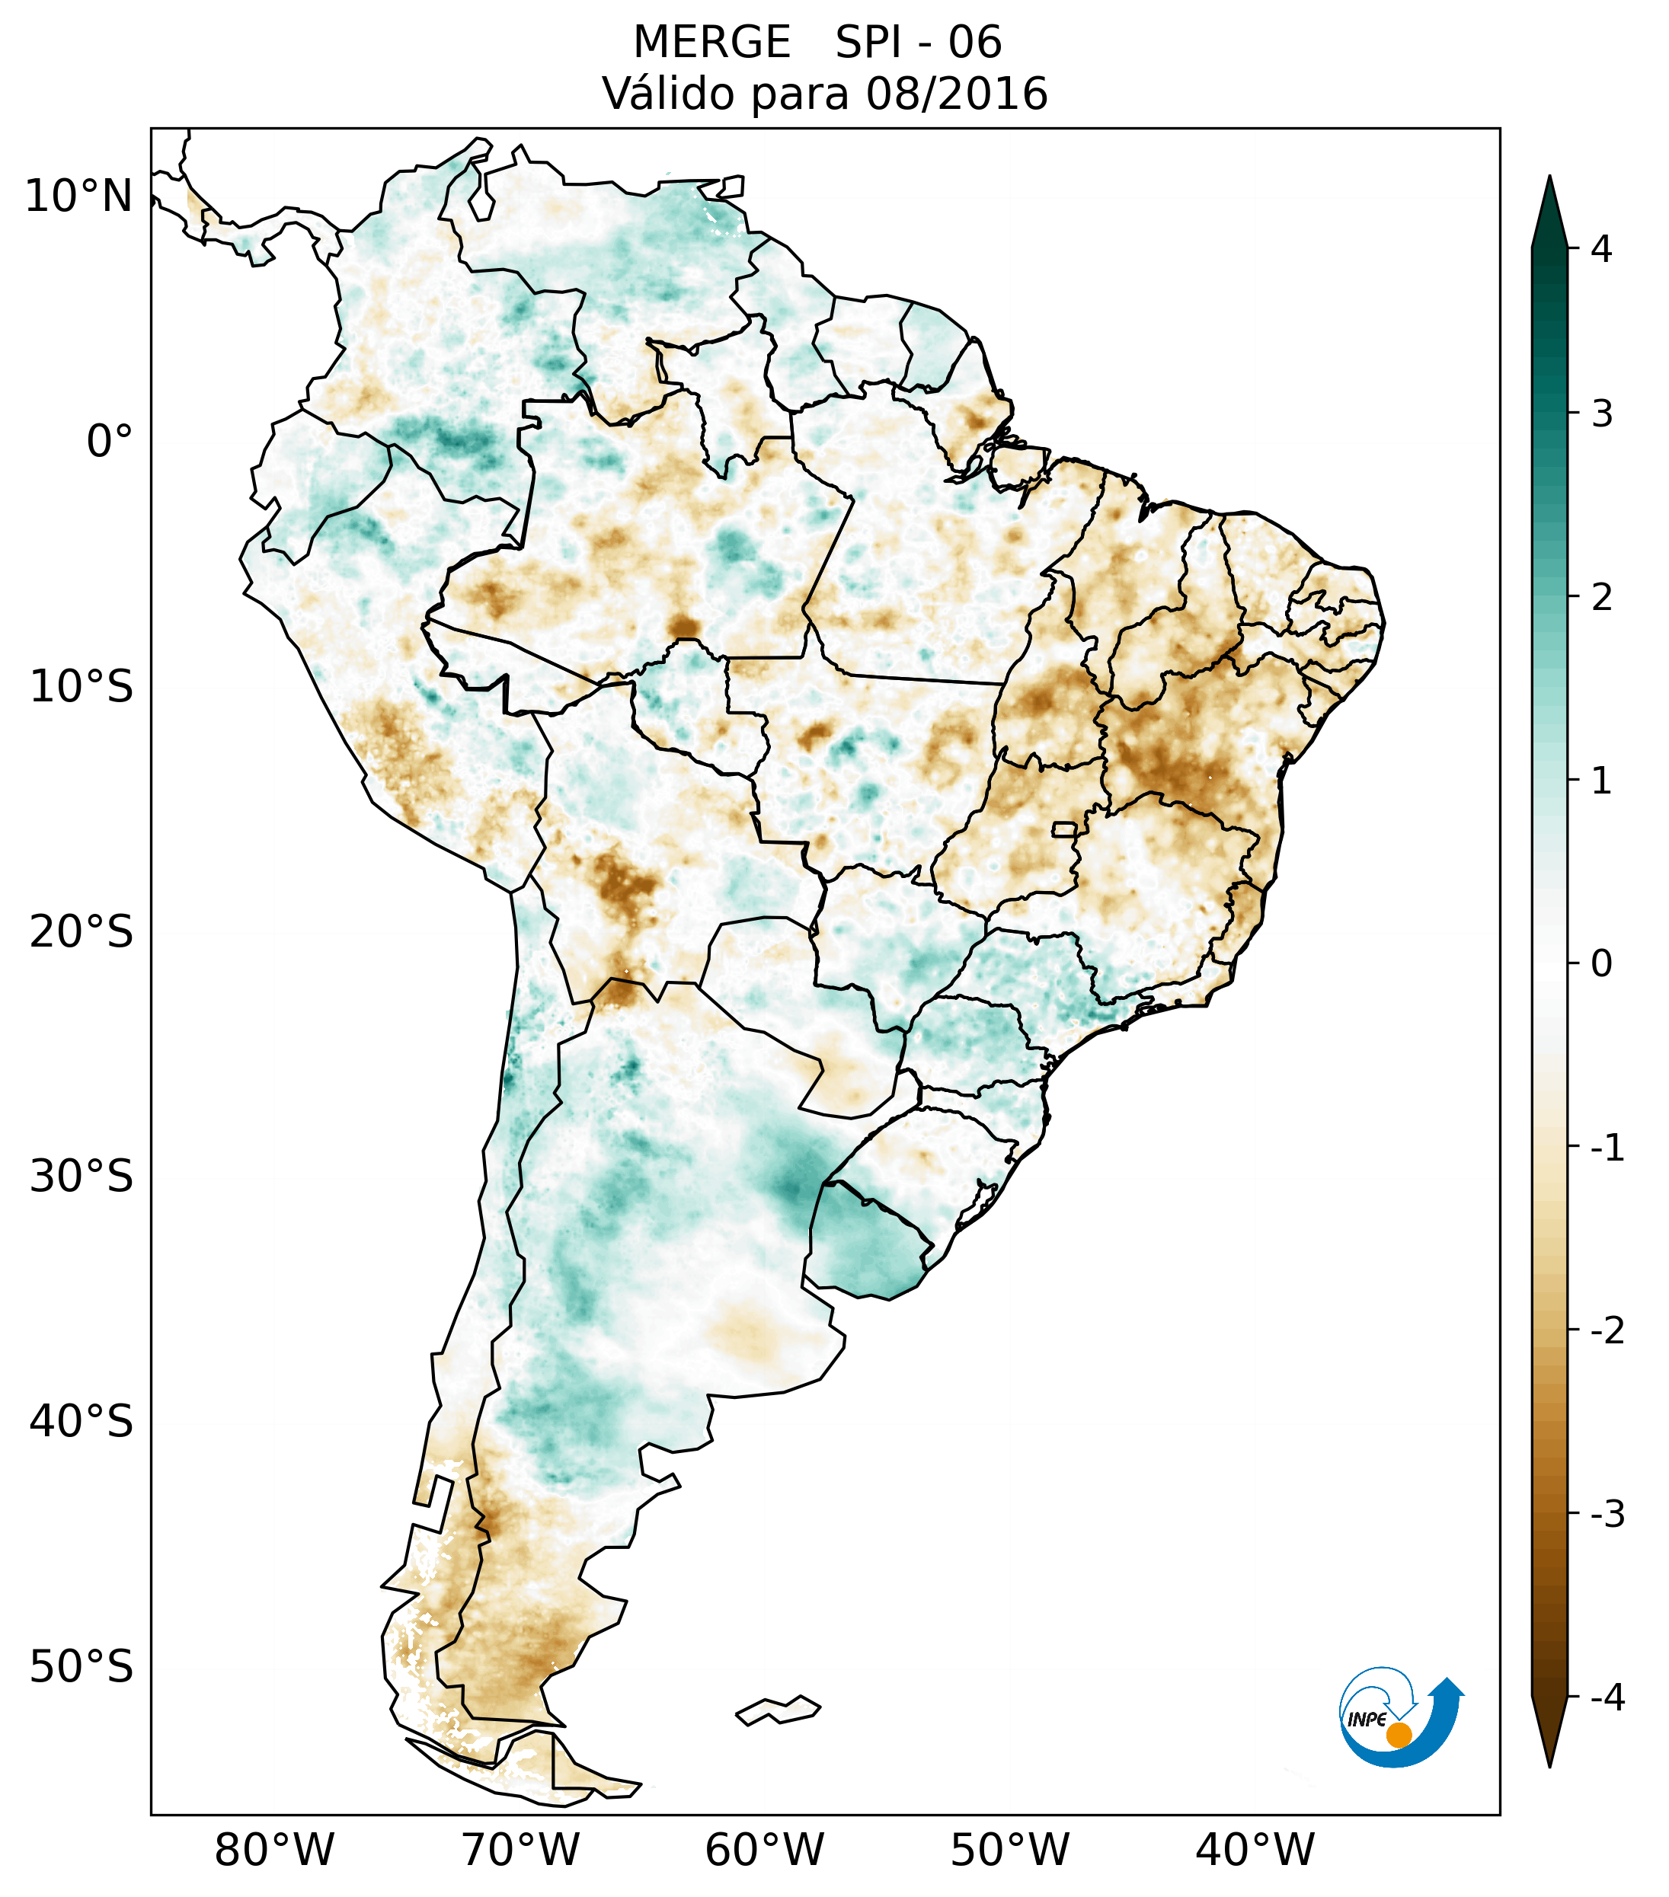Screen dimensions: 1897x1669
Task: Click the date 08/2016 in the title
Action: (x=956, y=94)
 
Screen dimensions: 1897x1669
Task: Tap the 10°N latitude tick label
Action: (x=79, y=196)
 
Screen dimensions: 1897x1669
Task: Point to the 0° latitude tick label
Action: (x=110, y=442)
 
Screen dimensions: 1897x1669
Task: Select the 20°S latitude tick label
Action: (x=82, y=932)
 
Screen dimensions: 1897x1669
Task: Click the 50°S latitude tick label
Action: (x=82, y=1668)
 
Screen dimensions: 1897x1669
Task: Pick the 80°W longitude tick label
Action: (x=275, y=1850)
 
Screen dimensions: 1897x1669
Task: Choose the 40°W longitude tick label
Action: (x=1255, y=1850)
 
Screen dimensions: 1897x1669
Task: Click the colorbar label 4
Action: (x=1601, y=249)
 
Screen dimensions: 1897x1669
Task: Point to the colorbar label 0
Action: (x=1601, y=964)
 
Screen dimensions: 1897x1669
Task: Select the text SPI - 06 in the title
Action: (x=918, y=43)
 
